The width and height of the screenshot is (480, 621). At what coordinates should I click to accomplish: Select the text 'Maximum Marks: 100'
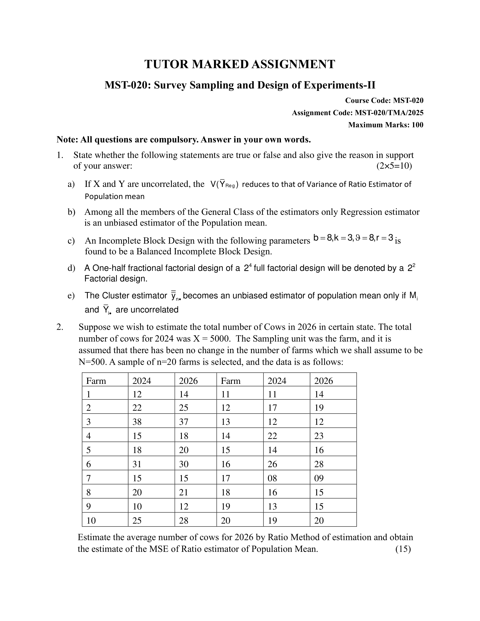pos(386,125)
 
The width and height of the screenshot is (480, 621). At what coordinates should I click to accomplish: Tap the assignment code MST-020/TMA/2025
pos(389,113)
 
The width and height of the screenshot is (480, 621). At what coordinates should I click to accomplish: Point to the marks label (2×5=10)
pos(394,166)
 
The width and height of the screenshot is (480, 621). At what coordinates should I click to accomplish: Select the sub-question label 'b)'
pos(71,212)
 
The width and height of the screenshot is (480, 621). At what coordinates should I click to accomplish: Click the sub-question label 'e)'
pos(71,296)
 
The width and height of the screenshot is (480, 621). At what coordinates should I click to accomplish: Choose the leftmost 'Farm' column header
pos(96,381)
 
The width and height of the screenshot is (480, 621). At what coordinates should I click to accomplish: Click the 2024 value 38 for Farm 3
pos(137,422)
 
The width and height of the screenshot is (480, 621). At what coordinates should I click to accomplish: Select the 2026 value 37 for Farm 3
pos(184,422)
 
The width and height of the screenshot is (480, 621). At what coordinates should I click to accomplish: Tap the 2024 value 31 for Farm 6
pos(137,464)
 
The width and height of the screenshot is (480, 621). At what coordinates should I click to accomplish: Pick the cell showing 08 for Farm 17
pos(272,478)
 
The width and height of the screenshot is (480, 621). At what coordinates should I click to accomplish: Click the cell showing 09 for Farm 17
pos(319,478)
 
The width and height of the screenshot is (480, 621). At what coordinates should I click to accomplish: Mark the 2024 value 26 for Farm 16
pos(272,464)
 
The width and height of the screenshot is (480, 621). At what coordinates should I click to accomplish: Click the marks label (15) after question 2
pos(403,549)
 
